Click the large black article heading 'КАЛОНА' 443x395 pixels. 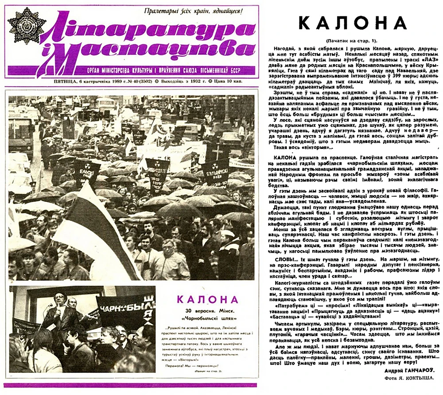[x=353, y=23]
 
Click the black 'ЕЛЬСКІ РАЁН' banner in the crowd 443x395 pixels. [x=216, y=171]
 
